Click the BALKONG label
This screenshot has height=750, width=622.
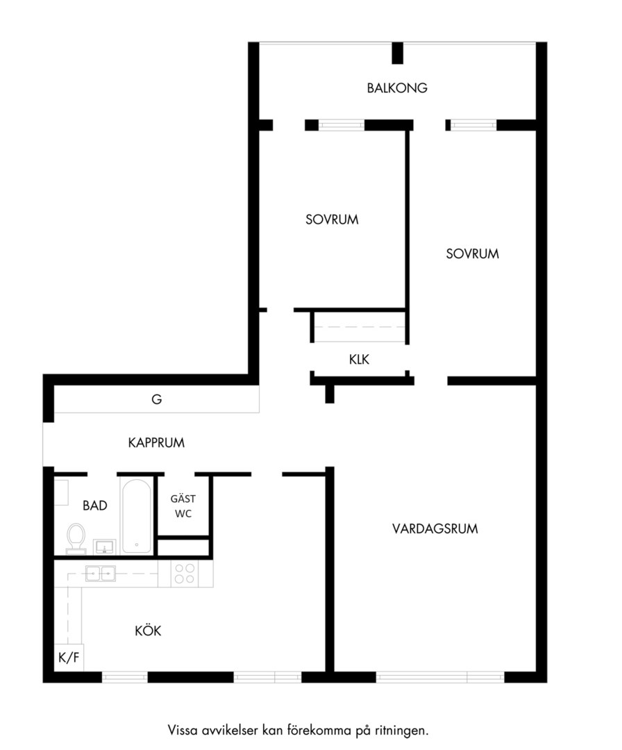pos(397,88)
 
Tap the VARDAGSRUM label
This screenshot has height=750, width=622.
pos(435,528)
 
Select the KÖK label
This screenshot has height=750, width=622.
pos(148,630)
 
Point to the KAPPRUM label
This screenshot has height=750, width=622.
pos(156,442)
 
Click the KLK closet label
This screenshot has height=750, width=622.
pos(359,359)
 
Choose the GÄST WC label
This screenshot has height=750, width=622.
pos(183,506)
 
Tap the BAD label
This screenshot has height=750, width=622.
pos(94,506)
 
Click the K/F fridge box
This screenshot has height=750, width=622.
pos(69,657)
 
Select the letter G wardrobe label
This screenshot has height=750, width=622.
pos(156,399)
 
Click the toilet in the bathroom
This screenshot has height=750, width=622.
pos(76,538)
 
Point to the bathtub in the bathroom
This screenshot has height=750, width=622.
pos(137,516)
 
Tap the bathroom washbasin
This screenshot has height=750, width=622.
pos(105,547)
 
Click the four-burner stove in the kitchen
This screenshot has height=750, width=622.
pos(185,574)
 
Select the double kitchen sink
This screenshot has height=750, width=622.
pos(101,573)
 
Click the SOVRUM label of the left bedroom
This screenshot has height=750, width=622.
pos(332,219)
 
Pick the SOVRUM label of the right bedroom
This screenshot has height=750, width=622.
pos(472,253)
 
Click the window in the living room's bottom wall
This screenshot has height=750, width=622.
pos(440,677)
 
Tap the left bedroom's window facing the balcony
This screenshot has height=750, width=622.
pos(342,125)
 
